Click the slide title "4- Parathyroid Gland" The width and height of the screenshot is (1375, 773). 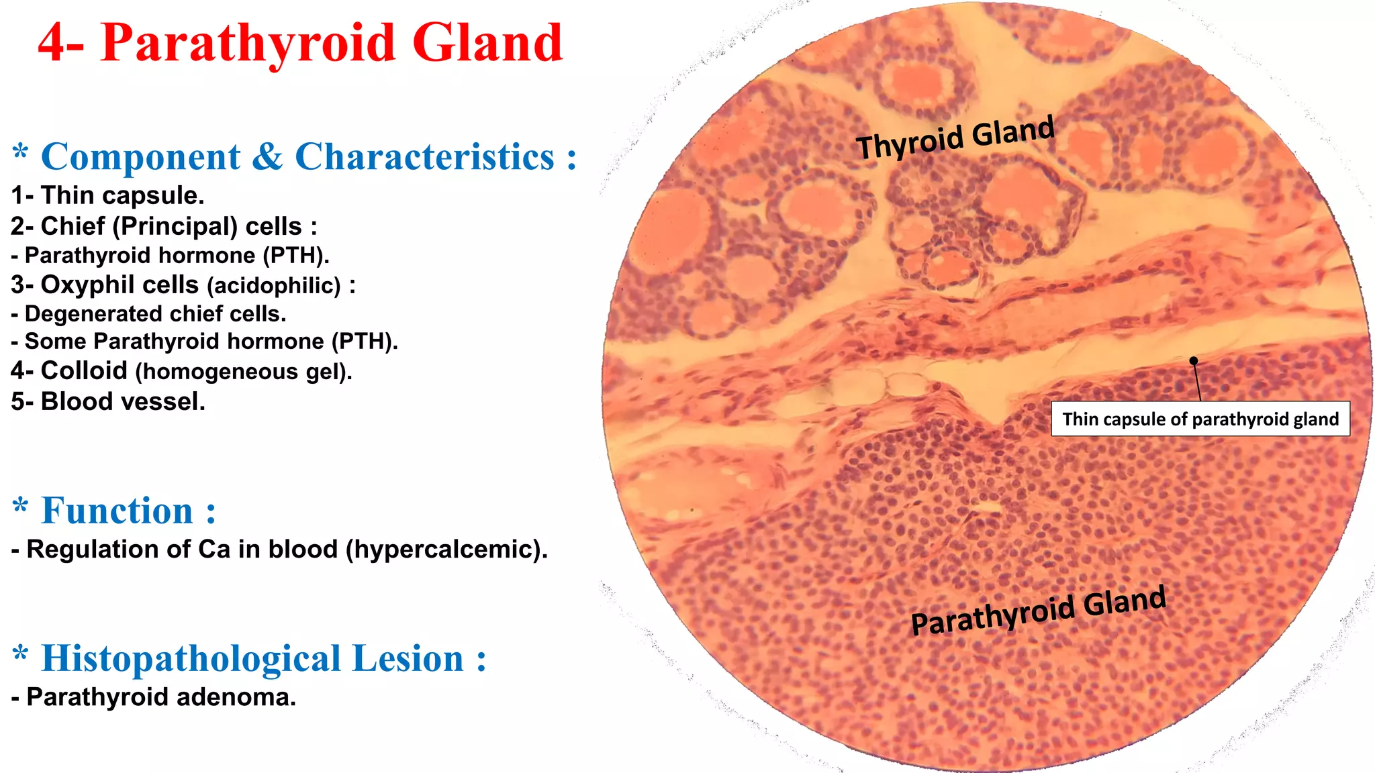tap(300, 43)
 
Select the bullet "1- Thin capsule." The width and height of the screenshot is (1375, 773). tap(107, 195)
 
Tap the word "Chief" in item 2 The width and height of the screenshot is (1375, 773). tap(73, 226)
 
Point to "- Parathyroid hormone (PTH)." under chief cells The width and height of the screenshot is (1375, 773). tap(170, 256)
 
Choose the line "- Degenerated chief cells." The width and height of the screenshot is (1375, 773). tap(148, 314)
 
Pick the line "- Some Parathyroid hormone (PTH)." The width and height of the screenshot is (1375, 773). tap(204, 342)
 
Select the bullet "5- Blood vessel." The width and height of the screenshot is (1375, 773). tap(108, 401)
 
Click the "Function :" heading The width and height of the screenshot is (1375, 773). tap(128, 511)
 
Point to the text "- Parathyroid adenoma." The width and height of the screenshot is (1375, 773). tap(153, 697)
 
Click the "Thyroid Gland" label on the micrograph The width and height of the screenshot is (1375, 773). tap(955, 138)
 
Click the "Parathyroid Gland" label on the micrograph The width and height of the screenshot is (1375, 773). tap(1038, 609)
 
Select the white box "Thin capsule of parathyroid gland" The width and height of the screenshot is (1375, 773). tap(1200, 419)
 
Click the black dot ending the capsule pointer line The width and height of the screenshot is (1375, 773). tap(1194, 361)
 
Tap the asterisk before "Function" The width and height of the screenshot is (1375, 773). tap(21, 507)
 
